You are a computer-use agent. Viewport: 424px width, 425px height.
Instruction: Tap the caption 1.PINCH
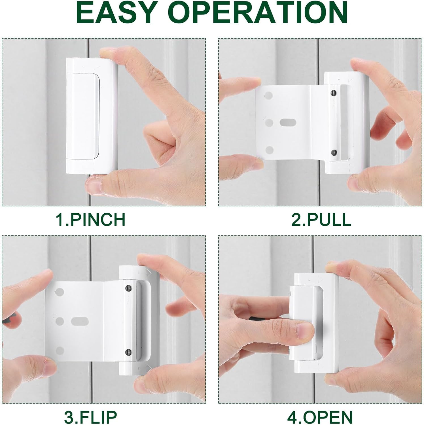pyautogui.click(x=90, y=219)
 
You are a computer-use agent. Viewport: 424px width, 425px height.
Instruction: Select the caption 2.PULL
pyautogui.click(x=321, y=219)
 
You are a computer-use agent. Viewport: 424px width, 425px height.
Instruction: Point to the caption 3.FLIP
pyautogui.click(x=90, y=417)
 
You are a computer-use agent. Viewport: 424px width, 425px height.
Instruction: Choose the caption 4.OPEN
pyautogui.click(x=320, y=417)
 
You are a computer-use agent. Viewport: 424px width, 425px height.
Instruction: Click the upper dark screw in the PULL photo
pyautogui.click(x=334, y=93)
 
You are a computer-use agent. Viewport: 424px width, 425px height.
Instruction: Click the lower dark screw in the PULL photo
pyautogui.click(x=334, y=153)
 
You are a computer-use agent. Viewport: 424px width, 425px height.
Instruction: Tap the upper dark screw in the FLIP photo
pyautogui.click(x=128, y=288)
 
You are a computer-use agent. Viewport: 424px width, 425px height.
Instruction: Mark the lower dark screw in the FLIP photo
pyautogui.click(x=128, y=352)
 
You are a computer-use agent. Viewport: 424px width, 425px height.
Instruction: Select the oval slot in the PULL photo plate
pyautogui.click(x=288, y=122)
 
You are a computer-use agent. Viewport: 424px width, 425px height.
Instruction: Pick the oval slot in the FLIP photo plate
pyautogui.click(x=80, y=321)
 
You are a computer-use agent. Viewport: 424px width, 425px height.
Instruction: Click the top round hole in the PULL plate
pyautogui.click(x=269, y=96)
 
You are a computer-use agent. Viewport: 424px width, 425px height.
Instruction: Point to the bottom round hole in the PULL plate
pyautogui.click(x=270, y=150)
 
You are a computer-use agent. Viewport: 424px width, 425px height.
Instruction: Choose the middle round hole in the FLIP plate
pyautogui.click(x=60, y=321)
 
